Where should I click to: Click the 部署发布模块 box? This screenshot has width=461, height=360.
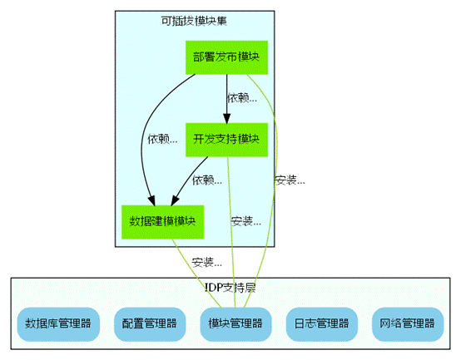click(x=226, y=57)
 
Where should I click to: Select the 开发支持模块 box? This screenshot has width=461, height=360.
click(x=226, y=140)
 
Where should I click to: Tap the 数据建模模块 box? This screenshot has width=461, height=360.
click(x=162, y=222)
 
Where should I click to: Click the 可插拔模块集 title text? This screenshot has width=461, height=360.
click(x=194, y=21)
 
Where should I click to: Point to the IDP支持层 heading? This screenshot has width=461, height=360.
click(x=230, y=288)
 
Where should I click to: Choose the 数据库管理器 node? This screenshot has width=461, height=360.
click(x=58, y=324)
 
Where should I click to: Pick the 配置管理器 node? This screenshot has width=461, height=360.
click(x=150, y=324)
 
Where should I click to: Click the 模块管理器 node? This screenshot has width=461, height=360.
click(x=235, y=324)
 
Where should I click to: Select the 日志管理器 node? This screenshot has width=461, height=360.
click(x=322, y=324)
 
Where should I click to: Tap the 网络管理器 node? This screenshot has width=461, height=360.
click(x=408, y=324)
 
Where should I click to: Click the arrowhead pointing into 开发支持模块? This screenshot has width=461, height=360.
click(x=226, y=118)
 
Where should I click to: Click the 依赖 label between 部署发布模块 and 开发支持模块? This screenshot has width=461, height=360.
click(x=242, y=98)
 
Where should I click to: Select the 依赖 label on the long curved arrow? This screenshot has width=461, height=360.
click(x=162, y=139)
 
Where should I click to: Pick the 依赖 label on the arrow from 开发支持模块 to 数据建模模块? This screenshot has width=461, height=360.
click(x=207, y=180)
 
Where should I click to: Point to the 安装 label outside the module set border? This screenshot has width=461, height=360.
click(x=290, y=180)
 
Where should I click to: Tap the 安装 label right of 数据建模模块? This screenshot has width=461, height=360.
click(x=246, y=221)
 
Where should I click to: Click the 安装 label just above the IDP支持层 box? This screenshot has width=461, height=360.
click(x=207, y=262)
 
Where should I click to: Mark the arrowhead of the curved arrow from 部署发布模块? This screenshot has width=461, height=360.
click(x=151, y=200)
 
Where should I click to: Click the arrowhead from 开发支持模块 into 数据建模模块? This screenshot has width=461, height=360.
click(x=175, y=200)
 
